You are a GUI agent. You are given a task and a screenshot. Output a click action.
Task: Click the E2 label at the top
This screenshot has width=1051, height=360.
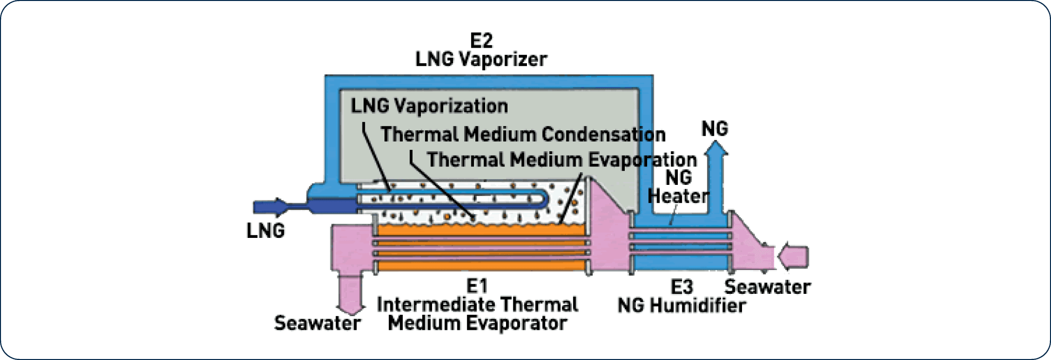tap(481, 40)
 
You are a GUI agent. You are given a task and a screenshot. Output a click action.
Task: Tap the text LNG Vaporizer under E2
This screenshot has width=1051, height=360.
tap(481, 59)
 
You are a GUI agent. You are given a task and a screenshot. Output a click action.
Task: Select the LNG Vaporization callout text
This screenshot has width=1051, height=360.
tap(429, 106)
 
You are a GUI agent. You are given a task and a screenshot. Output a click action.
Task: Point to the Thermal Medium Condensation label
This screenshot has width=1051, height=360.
tap(523, 134)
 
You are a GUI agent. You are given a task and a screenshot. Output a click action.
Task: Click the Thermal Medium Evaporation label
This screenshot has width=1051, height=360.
tap(562, 160)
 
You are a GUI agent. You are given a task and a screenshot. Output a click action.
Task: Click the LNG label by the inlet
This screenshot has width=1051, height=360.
tap(265, 231)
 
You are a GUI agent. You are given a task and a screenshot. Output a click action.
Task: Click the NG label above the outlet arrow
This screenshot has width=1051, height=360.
tap(714, 129)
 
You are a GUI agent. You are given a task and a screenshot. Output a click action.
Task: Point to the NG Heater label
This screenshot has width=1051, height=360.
tap(678, 187)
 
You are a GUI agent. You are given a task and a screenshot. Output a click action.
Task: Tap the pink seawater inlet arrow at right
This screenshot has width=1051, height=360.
tap(793, 256)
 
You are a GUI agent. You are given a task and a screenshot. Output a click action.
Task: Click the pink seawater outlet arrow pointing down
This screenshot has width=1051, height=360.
tap(350, 294)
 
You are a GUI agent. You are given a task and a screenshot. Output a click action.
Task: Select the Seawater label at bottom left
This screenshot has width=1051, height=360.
tap(317, 323)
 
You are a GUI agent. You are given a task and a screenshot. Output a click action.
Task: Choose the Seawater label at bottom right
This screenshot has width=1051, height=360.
tap(767, 287)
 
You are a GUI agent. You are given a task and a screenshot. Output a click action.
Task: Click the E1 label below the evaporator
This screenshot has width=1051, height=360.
tap(477, 286)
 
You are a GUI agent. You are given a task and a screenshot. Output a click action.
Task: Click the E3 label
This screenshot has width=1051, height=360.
tap(681, 287)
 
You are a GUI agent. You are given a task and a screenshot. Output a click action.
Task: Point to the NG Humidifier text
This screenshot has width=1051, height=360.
tap(681, 306)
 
